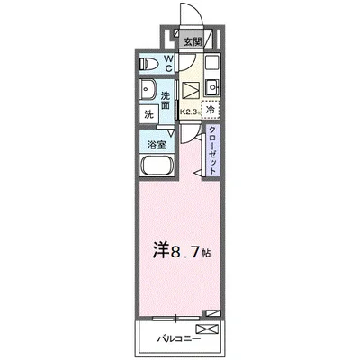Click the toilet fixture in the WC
click(150, 64)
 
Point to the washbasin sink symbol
click(148, 91)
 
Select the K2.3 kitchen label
click(189, 112)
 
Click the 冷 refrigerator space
click(209, 109)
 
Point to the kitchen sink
click(212, 87)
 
